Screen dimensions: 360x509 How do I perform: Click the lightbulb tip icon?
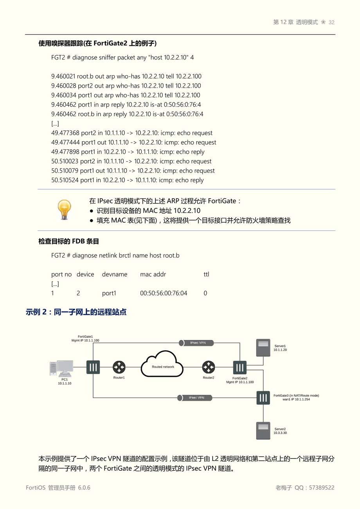[x=64, y=209]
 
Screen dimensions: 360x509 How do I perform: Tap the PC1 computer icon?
[x=62, y=368]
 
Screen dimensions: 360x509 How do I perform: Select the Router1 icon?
[x=119, y=367]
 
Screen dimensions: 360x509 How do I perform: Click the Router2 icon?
[x=209, y=367]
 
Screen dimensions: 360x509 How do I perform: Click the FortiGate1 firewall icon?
[x=93, y=367]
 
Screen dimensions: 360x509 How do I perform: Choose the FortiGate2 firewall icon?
[x=240, y=368]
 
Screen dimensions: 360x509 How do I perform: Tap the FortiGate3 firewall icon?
[x=263, y=398]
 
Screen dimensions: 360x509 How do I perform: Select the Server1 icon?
[x=263, y=347]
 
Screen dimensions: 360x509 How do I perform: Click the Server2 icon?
[x=263, y=430]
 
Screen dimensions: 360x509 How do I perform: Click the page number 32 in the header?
[x=331, y=23]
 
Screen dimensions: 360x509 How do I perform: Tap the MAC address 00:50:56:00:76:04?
[x=164, y=293]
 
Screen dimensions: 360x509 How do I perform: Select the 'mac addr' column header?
[x=153, y=275]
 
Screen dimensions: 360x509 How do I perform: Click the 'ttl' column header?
[x=206, y=275]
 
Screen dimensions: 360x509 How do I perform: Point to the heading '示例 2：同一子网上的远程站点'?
[x=76, y=312]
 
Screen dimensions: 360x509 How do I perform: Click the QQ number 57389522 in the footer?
[x=322, y=488]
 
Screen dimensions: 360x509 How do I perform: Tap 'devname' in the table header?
[x=115, y=275]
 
